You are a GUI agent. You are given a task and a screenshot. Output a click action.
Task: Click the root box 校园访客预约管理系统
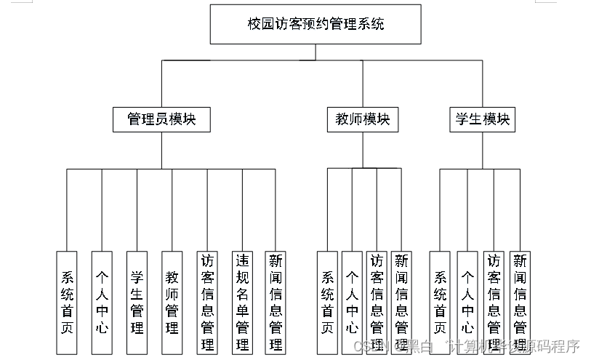pos(315,24)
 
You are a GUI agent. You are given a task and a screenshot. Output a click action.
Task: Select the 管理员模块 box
pos(161,119)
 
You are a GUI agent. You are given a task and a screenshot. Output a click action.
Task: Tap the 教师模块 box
pos(362,119)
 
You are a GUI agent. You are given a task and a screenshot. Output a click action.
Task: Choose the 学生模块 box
pos(482,119)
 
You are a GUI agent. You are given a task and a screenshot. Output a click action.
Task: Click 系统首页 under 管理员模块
pos(67,302)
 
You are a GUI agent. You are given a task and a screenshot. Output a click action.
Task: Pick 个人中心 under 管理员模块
pos(102,302)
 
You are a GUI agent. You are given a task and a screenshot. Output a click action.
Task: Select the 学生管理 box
pos(137,302)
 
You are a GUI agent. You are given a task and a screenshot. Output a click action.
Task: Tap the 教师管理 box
pos(172,302)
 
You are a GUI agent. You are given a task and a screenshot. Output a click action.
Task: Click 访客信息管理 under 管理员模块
pos(206,302)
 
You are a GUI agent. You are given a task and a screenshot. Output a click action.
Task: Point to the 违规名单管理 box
pos(241,302)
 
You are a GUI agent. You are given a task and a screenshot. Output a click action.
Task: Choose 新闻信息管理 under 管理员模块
pos(276,302)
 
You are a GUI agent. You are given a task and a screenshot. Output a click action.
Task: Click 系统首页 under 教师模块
pos(327,302)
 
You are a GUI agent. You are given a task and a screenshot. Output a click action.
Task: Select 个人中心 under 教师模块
pos(352,302)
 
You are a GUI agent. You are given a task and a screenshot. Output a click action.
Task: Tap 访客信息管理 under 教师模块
pos(377,302)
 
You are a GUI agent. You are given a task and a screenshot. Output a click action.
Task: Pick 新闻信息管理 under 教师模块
pos(401,302)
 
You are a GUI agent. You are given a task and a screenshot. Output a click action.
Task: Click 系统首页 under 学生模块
pos(440,302)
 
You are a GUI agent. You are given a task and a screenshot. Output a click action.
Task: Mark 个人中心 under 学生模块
pos(467,302)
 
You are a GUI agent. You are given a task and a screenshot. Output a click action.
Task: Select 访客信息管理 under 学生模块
pos(494,302)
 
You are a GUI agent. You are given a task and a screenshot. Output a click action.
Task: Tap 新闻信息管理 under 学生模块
pos(520,302)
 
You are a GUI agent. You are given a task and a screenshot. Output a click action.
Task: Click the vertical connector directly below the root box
pos(315,52)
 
